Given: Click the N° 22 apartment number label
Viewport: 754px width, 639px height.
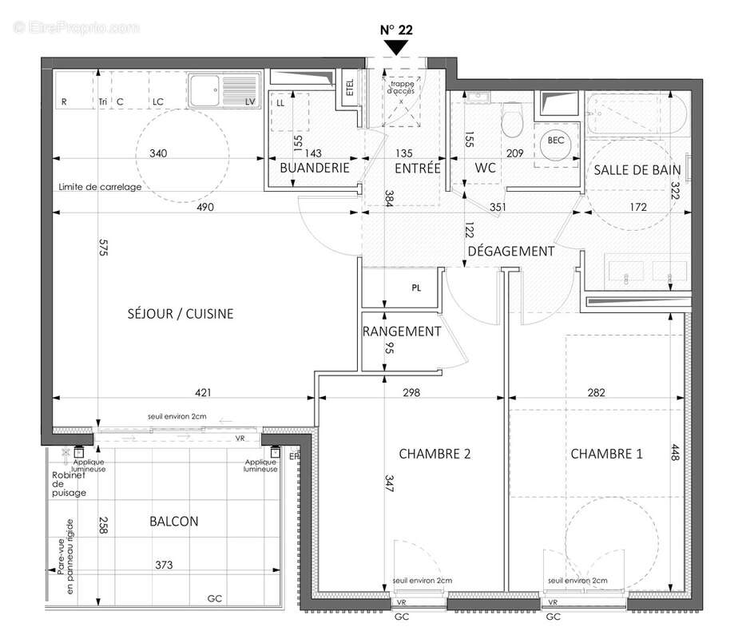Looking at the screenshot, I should point(396,30).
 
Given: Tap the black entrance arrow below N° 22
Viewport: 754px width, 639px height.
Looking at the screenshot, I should point(396,47).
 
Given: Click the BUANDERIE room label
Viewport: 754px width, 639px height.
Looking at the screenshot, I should point(314,169).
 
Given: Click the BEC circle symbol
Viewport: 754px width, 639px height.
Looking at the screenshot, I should point(556,141).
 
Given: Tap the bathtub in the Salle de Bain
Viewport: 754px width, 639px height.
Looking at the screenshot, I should point(634,116).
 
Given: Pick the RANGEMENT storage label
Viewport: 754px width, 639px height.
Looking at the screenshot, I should point(402,331).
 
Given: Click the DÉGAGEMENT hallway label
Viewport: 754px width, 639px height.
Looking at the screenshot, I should point(510,251).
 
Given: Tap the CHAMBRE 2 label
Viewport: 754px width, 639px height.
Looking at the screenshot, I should point(435,454).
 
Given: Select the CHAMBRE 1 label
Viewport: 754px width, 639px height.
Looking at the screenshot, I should point(606,454).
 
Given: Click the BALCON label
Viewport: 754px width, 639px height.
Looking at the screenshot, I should point(173,522).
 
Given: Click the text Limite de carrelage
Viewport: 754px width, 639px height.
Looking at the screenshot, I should point(100,188).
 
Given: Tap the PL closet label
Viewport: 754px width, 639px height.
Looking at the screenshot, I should point(416,288).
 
